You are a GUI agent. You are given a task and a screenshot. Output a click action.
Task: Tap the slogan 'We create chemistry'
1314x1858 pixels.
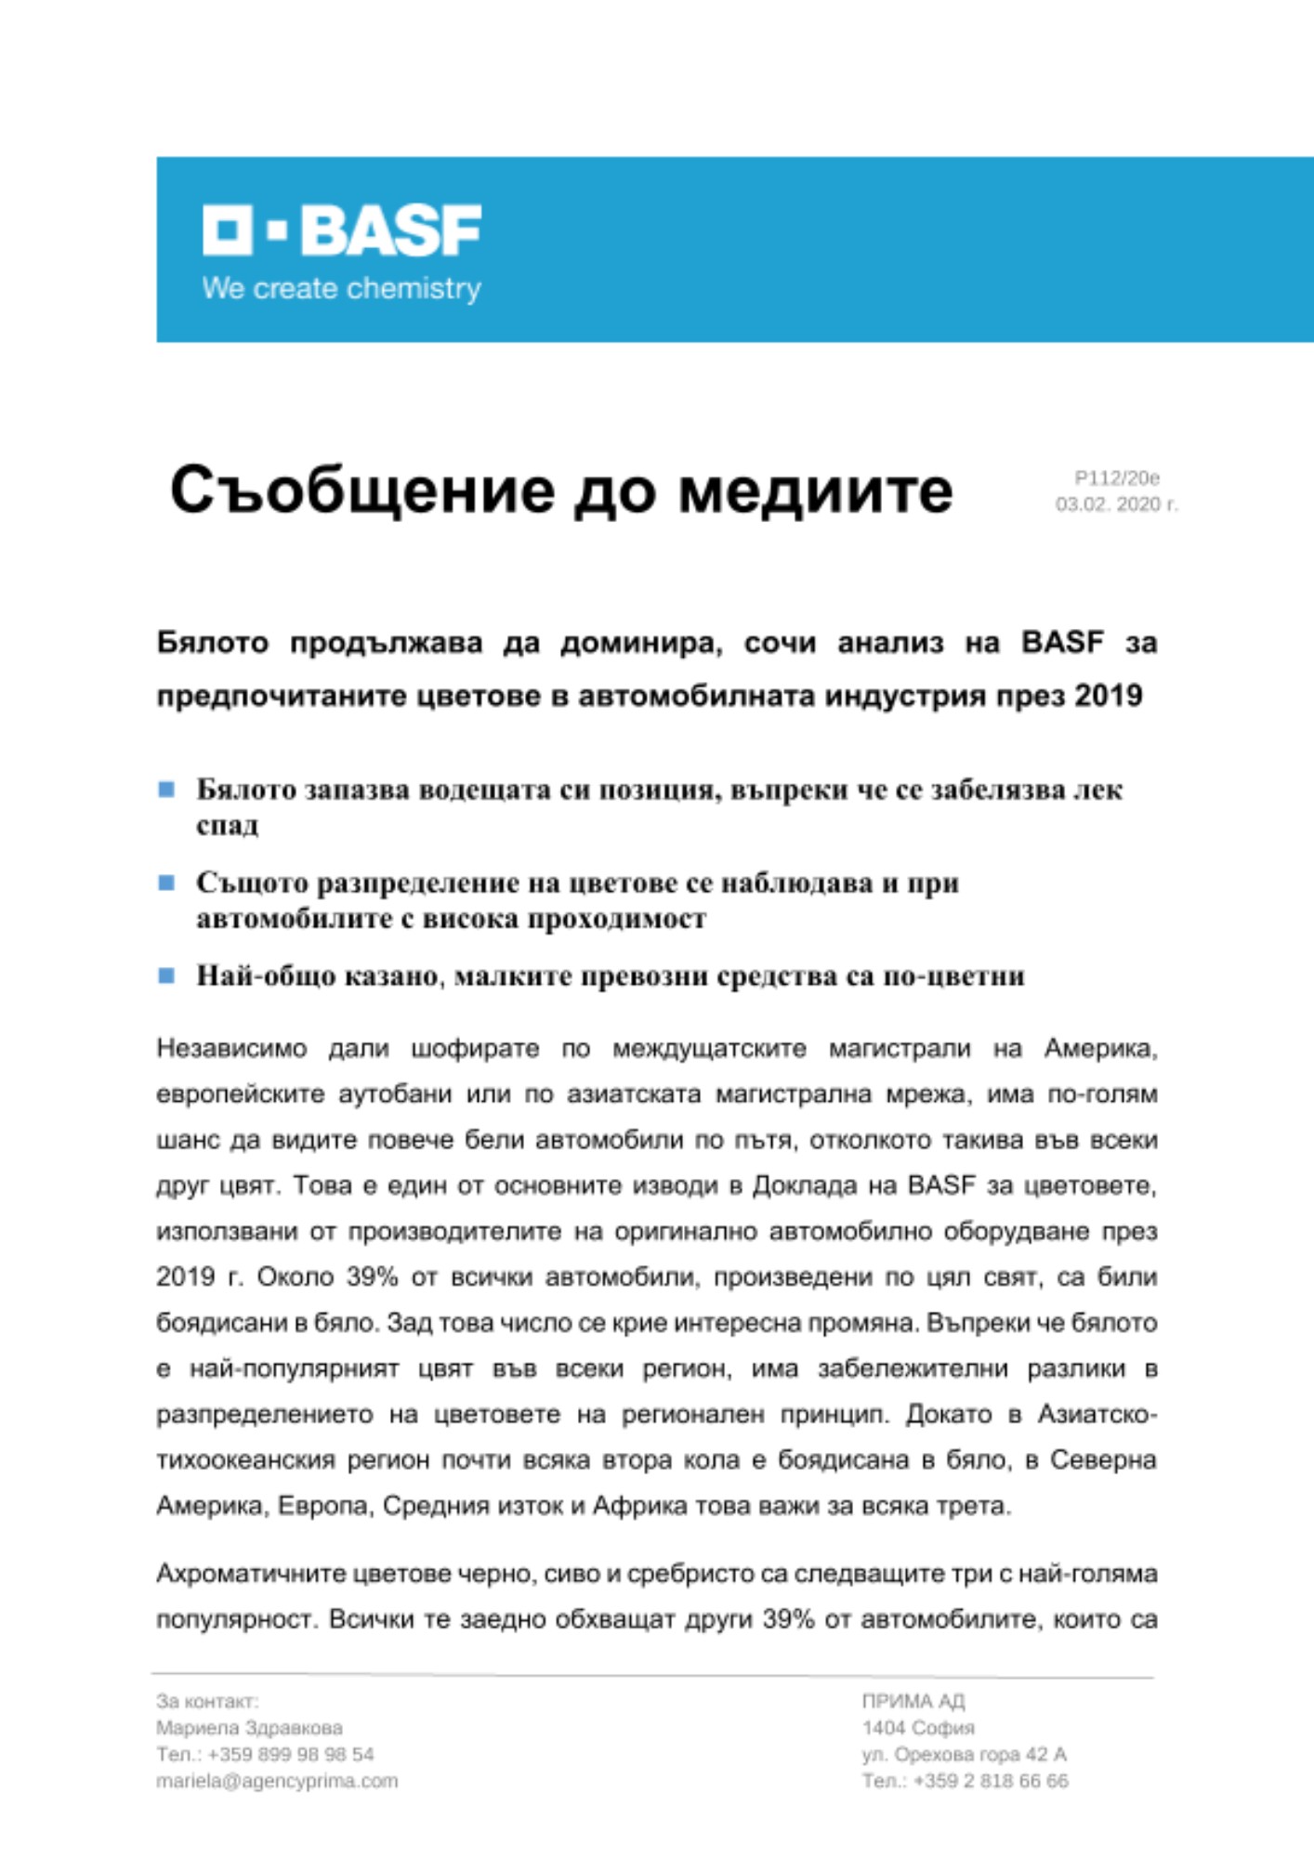click(342, 289)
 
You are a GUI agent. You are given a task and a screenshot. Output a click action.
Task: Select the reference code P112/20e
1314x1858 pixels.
click(1117, 478)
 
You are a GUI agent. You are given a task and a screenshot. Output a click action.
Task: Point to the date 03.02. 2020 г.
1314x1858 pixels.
click(1116, 504)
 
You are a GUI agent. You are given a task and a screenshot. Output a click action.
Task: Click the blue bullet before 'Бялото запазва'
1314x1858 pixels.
click(167, 790)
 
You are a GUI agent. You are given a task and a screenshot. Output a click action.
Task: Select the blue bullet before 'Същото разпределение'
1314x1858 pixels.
click(167, 883)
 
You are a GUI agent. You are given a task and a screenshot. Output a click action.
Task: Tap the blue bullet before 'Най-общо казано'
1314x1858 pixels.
click(167, 975)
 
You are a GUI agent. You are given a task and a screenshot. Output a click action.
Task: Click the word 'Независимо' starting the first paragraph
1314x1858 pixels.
click(231, 1049)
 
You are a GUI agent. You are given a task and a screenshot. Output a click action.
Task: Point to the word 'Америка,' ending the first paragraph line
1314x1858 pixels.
click(1100, 1049)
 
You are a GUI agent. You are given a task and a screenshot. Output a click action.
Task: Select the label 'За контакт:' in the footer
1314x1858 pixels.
click(207, 1701)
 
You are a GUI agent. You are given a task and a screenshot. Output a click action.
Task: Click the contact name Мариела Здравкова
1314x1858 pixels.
click(249, 1728)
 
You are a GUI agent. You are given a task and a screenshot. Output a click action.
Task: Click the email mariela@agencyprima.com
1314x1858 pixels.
click(277, 1781)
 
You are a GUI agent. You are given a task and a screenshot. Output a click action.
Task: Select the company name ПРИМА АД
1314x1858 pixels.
click(913, 1701)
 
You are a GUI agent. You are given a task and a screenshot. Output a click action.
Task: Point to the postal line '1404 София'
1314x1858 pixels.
click(918, 1728)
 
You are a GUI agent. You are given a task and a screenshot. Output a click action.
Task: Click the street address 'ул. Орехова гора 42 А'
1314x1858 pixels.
click(964, 1754)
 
